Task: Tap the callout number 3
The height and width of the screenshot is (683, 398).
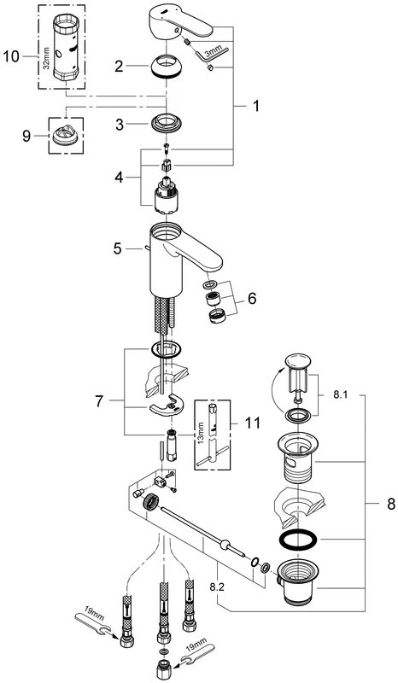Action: pyautogui.click(x=121, y=124)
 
